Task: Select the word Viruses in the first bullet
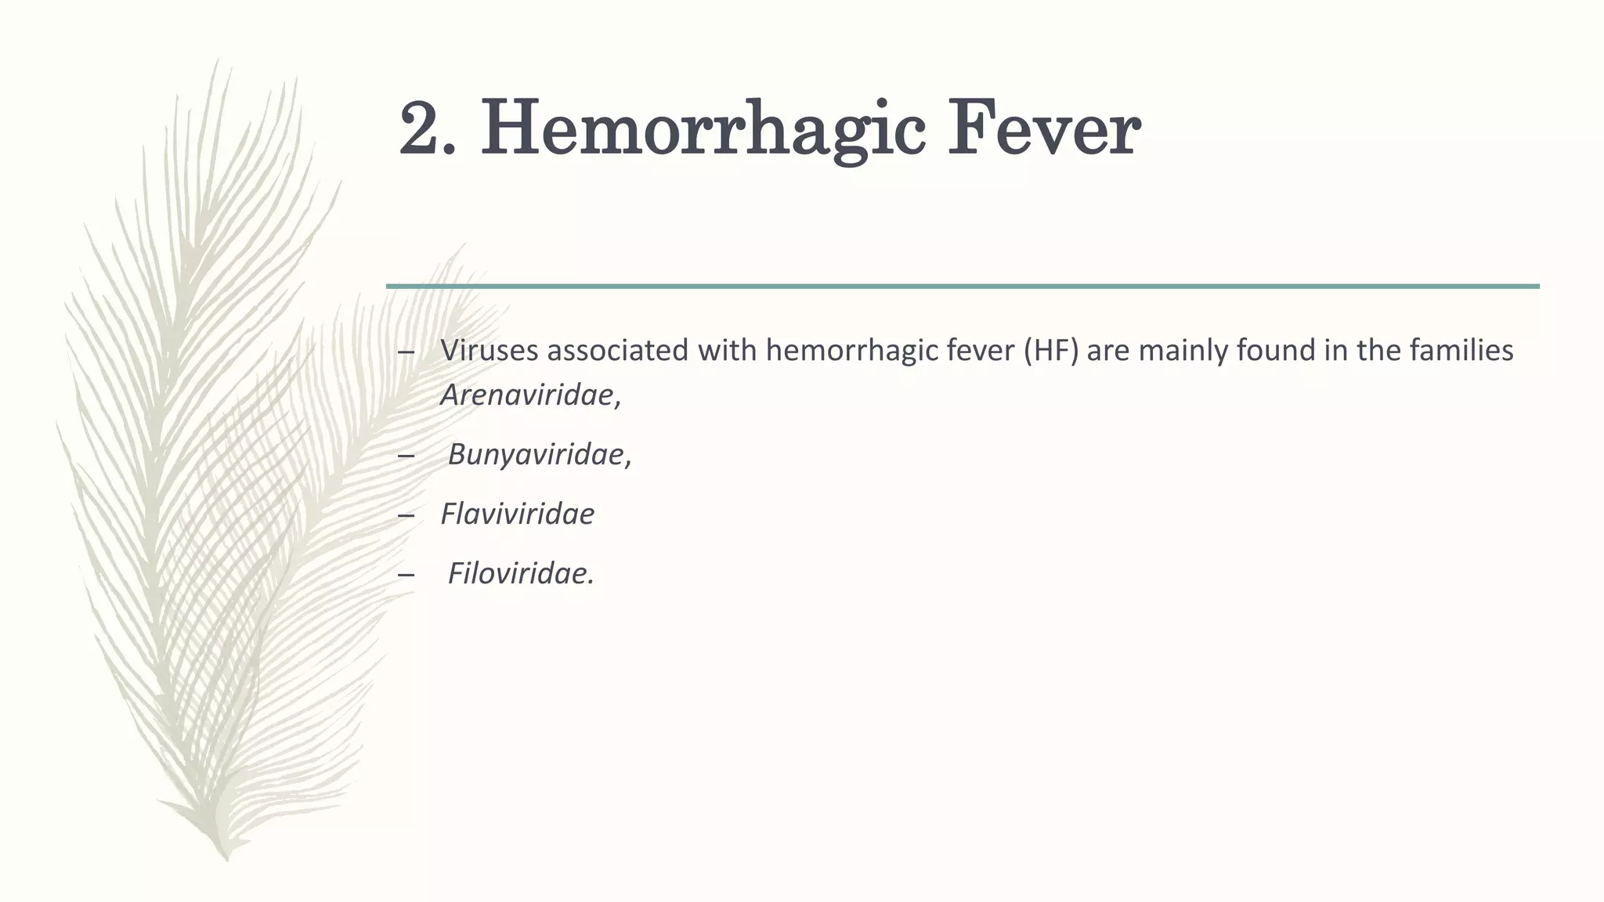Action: coord(490,350)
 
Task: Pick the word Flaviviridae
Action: coord(517,514)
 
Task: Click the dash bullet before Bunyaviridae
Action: coord(406,456)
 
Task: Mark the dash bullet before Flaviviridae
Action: coord(406,515)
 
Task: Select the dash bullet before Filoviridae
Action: coord(406,575)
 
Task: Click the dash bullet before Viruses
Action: coord(406,352)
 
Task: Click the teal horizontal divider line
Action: coord(963,287)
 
